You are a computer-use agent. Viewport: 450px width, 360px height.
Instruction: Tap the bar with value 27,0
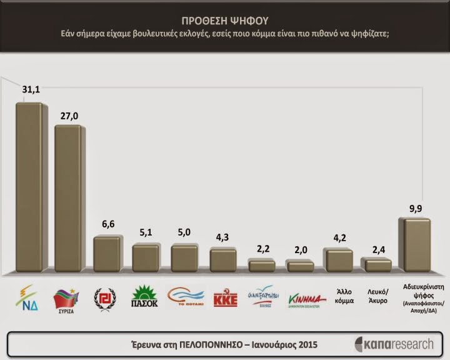pos(68,199)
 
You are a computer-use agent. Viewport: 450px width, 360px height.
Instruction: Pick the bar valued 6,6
pos(107,254)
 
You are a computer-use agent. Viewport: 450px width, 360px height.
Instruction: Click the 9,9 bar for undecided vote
pos(415,245)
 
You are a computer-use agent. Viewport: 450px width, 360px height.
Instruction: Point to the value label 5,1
pos(146,233)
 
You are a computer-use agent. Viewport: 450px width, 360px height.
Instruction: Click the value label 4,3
pos(222,238)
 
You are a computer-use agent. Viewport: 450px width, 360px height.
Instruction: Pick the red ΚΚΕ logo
pos(222,299)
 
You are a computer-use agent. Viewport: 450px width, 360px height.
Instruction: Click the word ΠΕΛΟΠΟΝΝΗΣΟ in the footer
pos(228,344)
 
